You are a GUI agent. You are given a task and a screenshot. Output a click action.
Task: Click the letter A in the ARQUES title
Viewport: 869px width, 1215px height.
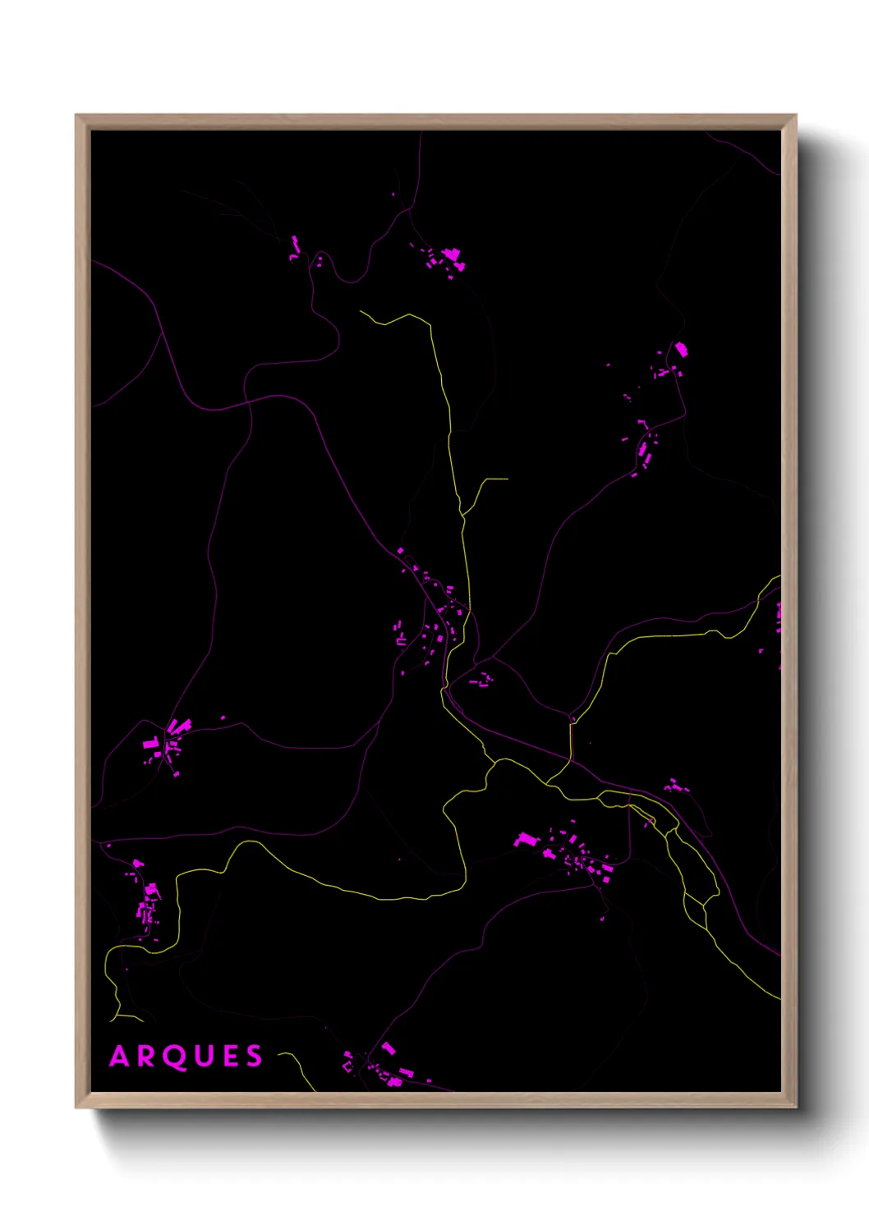click(120, 1056)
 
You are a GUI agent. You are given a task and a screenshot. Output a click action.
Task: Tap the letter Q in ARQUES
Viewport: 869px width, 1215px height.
click(174, 1057)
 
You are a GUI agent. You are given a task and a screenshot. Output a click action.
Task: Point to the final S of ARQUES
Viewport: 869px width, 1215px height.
click(254, 1056)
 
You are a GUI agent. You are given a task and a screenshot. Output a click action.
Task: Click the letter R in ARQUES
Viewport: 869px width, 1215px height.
click(146, 1056)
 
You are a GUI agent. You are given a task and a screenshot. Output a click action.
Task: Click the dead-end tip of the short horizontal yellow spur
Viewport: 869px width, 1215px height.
click(507, 479)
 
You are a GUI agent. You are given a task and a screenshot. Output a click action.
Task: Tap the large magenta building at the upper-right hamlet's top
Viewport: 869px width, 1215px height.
click(681, 351)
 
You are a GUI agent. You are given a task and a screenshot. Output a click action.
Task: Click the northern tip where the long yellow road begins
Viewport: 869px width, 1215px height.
click(361, 311)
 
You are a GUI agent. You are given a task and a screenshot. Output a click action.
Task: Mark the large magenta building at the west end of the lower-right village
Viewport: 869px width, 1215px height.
click(525, 840)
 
